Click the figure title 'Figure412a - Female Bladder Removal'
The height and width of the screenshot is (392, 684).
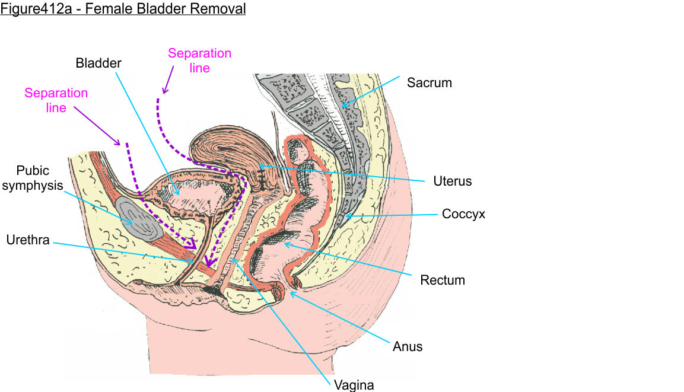point(123,9)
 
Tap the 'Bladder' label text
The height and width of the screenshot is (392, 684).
point(98,62)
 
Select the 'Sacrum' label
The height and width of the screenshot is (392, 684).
point(429,83)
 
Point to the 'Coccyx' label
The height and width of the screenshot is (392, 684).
point(463,214)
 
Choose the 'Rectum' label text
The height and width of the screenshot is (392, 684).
point(442,279)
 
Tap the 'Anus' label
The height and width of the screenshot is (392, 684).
point(408,346)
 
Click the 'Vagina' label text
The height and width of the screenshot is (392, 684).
point(354,385)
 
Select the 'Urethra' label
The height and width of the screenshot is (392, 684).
point(28,240)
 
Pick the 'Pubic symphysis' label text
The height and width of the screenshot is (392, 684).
point(40,179)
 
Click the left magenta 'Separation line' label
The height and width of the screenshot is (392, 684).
point(56,101)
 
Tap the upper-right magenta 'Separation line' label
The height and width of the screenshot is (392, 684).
point(199,60)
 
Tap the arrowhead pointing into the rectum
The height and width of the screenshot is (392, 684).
point(286,243)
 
